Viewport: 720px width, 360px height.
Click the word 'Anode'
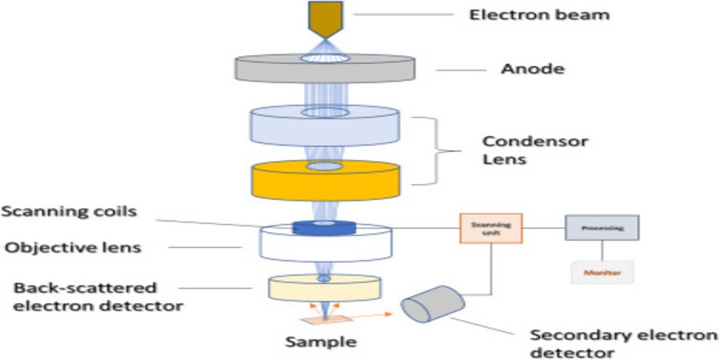532,69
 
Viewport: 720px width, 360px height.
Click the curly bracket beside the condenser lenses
438,149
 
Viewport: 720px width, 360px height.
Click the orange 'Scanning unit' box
490,228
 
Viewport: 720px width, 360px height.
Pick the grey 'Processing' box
602,228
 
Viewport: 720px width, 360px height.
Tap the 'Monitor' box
602,273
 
